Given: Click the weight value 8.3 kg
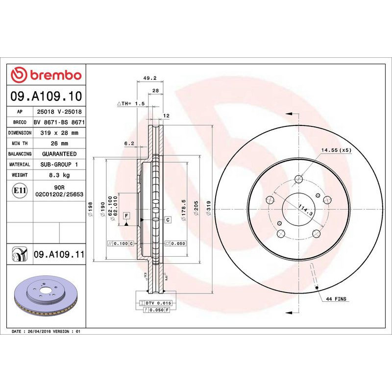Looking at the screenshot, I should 59,175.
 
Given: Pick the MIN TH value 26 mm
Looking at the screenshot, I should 59,143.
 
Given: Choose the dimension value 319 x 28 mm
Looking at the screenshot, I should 59,133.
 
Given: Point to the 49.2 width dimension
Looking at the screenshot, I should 149,78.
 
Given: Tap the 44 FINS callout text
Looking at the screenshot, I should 337,298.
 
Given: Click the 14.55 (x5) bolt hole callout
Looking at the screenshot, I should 336,150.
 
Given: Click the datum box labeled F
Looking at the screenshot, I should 126,216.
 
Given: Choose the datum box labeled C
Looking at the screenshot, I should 168,220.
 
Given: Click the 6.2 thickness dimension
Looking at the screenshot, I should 129,143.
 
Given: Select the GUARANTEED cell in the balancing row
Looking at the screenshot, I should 59,154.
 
